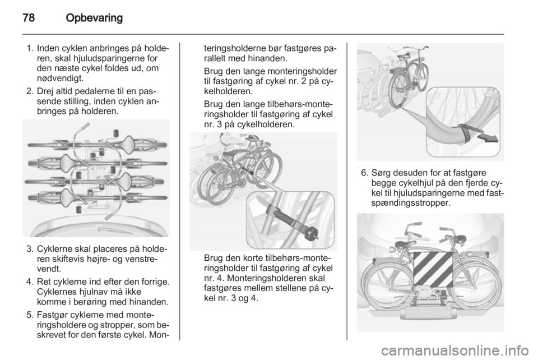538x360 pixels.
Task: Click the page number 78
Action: point(29,17)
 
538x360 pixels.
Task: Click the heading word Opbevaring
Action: point(94,18)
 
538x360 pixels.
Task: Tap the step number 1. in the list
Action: point(30,48)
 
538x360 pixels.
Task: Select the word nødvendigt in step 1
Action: point(60,79)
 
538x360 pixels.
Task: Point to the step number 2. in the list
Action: point(30,91)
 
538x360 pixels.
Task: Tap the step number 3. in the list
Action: point(30,248)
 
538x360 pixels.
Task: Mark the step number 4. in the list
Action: point(30,282)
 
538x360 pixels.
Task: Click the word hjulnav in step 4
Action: point(91,292)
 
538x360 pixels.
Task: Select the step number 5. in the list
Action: point(30,315)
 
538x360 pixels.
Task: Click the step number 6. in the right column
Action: point(364,173)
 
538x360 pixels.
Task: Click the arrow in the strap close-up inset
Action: point(487,137)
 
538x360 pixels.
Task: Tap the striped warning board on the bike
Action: point(433,270)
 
